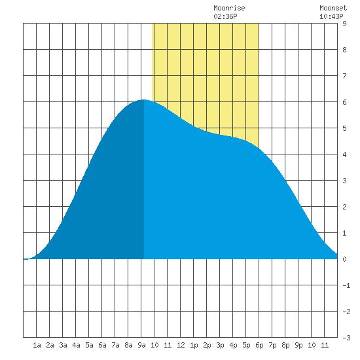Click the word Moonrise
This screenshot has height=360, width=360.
pyautogui.click(x=229, y=8)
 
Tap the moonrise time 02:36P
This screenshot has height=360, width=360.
pyautogui.click(x=225, y=16)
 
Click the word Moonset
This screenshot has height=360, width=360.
pyautogui.click(x=333, y=8)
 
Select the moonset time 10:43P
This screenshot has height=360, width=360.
pyautogui.click(x=331, y=16)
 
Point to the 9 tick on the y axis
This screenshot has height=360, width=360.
pyautogui.click(x=344, y=24)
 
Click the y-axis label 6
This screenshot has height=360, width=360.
pyautogui.click(x=344, y=102)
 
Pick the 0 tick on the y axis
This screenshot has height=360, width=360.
pyautogui.click(x=344, y=259)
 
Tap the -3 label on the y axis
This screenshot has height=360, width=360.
pyautogui.click(x=346, y=338)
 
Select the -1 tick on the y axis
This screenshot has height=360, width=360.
pyautogui.click(x=346, y=285)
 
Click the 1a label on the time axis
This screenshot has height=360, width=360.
pyautogui.click(x=37, y=345)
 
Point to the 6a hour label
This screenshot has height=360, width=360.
pyautogui.click(x=102, y=345)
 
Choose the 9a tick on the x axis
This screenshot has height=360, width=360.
pyautogui.click(x=141, y=345)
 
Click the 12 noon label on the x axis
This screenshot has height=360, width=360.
pyautogui.click(x=181, y=345)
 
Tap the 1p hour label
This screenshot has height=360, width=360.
pyautogui.click(x=194, y=345)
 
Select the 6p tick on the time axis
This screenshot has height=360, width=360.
pyautogui.click(x=259, y=345)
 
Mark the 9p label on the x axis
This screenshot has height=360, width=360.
pyautogui.click(x=298, y=345)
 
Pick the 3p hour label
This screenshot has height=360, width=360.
pyautogui.click(x=220, y=345)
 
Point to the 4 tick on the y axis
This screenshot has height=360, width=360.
pyautogui.click(x=344, y=154)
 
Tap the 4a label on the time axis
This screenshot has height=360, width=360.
pyautogui.click(x=76, y=345)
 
